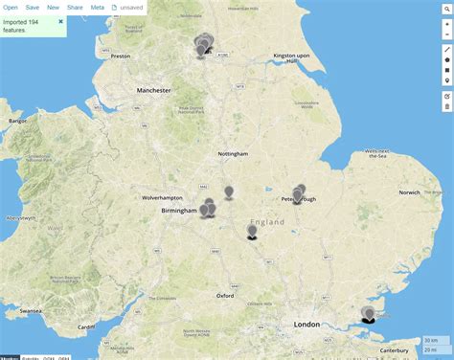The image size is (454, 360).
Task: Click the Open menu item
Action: point(11,7)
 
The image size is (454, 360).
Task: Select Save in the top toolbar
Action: point(33,7)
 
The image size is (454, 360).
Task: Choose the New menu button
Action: point(53,7)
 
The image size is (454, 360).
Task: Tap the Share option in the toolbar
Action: point(75,7)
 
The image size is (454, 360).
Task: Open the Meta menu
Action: point(97,7)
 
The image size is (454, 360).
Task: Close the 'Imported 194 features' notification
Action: point(60,20)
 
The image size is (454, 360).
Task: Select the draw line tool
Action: point(447,48)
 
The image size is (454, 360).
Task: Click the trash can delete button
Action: point(447,106)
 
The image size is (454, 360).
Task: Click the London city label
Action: point(306,325)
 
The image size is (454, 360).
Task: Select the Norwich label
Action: point(409,192)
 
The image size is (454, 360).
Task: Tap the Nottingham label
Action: point(233,154)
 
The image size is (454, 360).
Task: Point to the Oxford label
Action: point(226,296)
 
